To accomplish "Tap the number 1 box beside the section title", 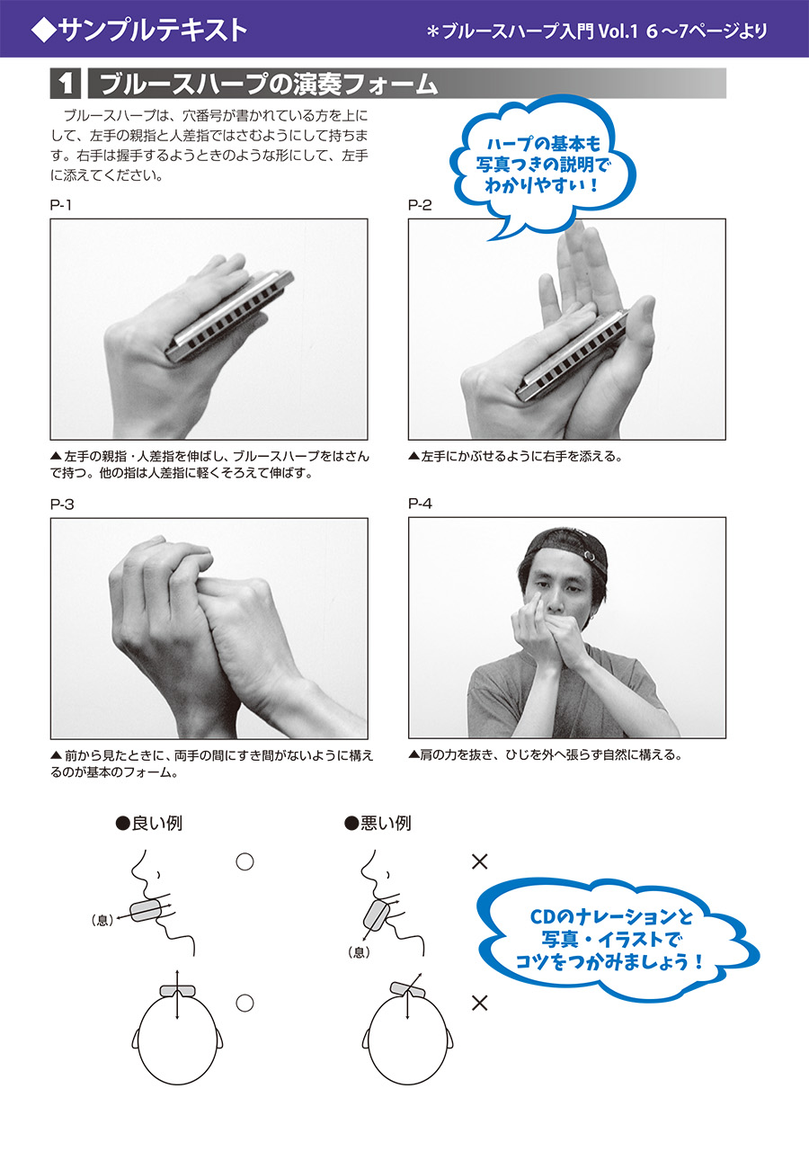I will tap(66, 85).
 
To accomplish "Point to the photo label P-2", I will tap(420, 205).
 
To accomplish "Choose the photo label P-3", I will tap(62, 504).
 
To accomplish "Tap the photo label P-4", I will tap(421, 504).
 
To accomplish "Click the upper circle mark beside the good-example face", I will tap(244, 861).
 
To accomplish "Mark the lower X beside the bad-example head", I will tap(480, 1002).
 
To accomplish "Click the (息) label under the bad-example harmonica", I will tap(360, 952).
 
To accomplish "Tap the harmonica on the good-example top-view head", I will tap(177, 990).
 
